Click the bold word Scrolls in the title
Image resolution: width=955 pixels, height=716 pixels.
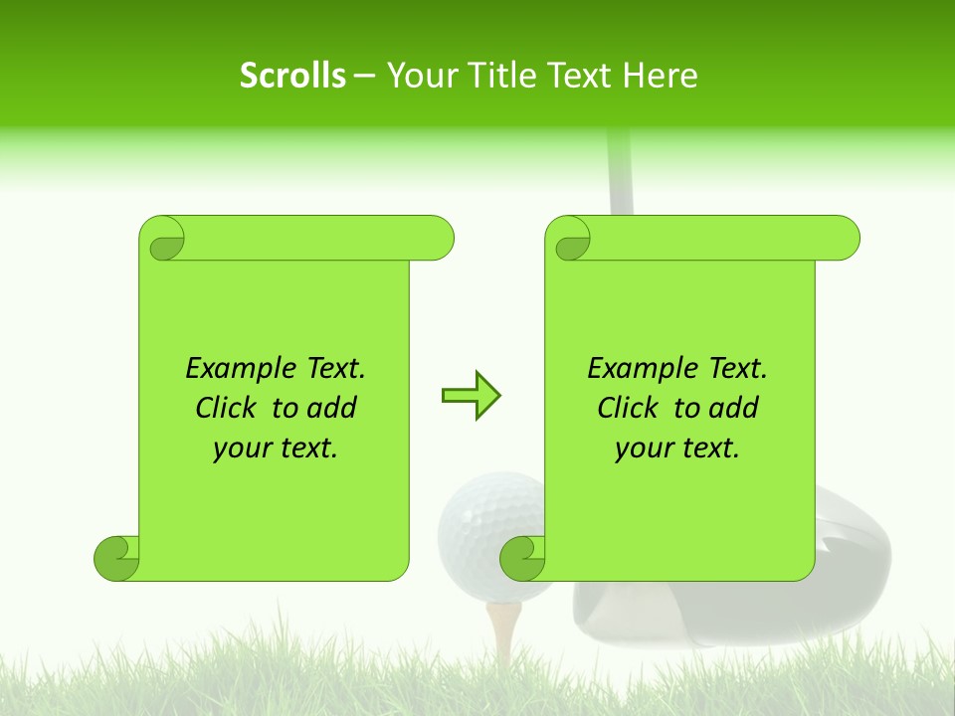[292, 76]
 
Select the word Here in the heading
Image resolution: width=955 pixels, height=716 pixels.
[660, 76]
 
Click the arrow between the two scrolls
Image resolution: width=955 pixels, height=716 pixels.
[471, 396]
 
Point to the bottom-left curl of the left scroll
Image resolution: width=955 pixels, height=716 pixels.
[116, 558]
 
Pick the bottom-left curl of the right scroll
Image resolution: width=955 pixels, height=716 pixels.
[522, 558]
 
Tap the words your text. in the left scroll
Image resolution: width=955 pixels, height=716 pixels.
[276, 448]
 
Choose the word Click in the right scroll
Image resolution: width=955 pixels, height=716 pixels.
[628, 409]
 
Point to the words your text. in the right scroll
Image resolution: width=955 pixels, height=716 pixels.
[677, 448]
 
